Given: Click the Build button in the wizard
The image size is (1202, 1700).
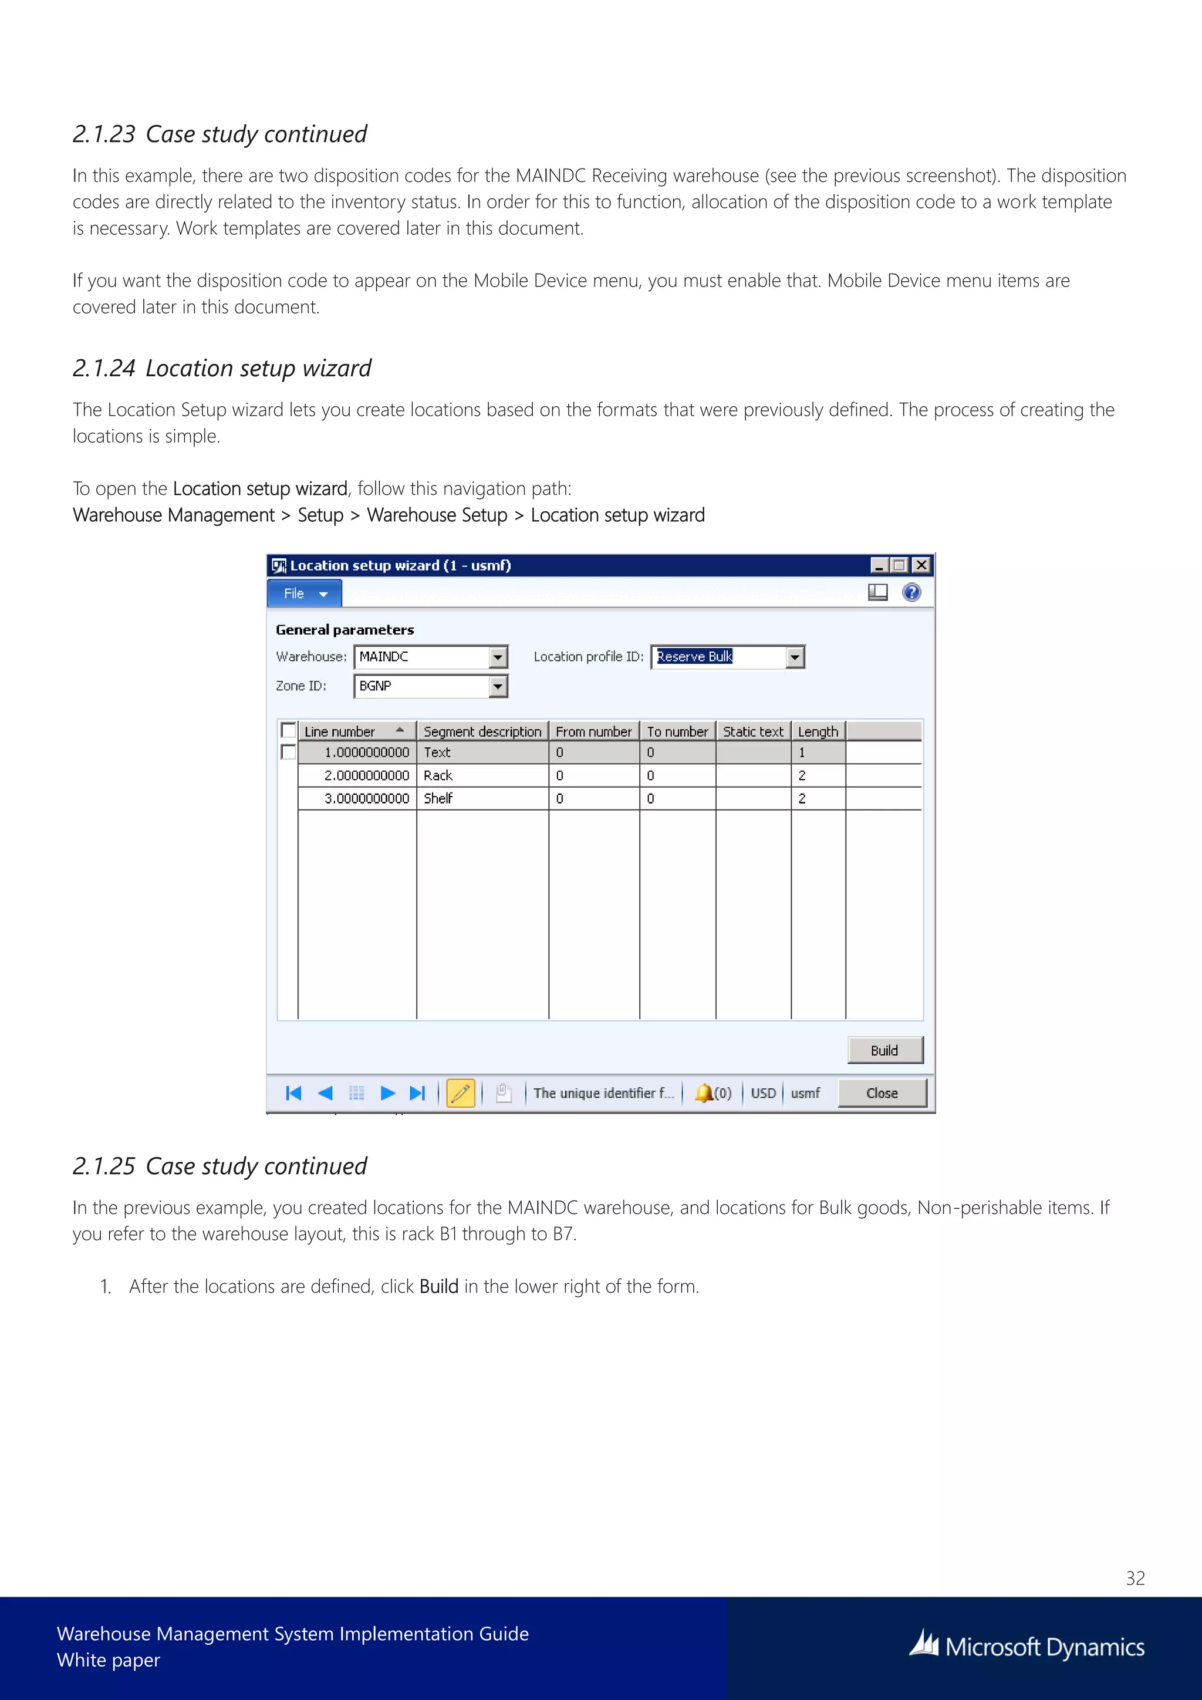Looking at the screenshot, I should tap(884, 1050).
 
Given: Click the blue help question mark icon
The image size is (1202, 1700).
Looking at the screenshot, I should tap(911, 592).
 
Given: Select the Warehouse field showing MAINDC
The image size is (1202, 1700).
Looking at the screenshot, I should tap(422, 657).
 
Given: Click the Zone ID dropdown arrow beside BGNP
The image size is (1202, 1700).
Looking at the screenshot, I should tap(498, 686).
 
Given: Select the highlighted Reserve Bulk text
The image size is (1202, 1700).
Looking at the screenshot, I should tap(694, 657).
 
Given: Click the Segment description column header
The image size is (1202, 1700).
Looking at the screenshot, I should tap(482, 731).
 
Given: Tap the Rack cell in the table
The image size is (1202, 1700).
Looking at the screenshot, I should tap(438, 775).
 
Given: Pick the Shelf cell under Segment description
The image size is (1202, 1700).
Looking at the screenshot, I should tap(438, 798).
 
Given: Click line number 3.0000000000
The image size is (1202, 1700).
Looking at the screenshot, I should tap(366, 798).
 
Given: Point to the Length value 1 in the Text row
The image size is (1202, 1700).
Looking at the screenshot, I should tap(802, 753).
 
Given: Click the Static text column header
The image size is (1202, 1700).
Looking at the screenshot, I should tap(753, 731).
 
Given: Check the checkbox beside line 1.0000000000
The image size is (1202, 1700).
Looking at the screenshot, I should tap(289, 753).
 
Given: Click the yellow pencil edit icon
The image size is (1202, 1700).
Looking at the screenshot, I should tap(460, 1093).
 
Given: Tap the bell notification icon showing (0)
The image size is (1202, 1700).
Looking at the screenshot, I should tap(704, 1093).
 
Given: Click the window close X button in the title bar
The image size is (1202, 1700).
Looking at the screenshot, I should tap(921, 566).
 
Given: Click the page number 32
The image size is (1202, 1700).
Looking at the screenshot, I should tap(1135, 1578).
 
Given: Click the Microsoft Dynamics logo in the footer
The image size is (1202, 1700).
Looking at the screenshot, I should tap(1027, 1647).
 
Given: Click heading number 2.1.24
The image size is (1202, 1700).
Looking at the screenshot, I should tap(104, 368).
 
